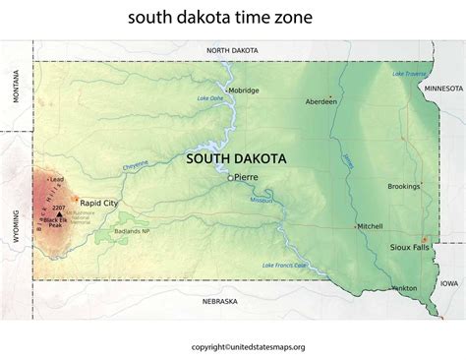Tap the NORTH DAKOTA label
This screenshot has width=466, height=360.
[231, 49]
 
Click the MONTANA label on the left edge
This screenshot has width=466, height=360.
[16, 88]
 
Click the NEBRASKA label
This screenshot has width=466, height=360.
[223, 300]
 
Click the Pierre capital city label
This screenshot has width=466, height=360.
[246, 178]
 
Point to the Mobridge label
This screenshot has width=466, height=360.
[243, 90]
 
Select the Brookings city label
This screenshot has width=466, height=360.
[403, 186]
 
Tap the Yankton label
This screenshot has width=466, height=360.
[403, 288]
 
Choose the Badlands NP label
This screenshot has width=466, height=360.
[159, 230]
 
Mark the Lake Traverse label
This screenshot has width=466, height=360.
[411, 74]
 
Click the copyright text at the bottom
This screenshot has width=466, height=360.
[232, 345]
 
